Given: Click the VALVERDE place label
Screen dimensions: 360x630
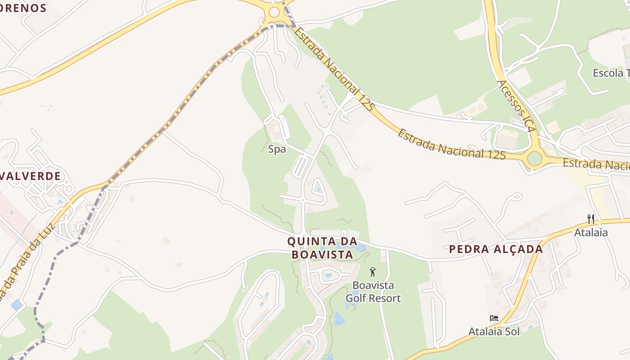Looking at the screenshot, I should [31, 176].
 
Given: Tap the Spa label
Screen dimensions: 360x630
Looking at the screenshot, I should [277, 149].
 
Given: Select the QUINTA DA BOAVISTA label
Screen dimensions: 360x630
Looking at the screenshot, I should [322, 248].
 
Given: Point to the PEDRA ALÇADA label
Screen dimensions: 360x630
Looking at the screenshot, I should [496, 249].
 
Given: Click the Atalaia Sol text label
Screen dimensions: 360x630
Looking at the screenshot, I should [494, 332].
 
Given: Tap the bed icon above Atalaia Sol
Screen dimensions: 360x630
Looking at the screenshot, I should [494, 318].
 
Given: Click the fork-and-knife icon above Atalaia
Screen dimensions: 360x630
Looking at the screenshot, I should [591, 219].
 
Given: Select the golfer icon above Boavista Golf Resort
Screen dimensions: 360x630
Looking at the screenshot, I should [372, 272].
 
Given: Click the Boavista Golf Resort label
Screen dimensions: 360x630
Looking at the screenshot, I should [373, 292].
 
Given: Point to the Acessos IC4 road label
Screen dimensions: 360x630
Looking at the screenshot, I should [516, 106].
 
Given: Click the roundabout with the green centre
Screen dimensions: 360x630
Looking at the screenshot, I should [534, 158].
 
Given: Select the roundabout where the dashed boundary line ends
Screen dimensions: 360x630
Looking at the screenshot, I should [274, 13].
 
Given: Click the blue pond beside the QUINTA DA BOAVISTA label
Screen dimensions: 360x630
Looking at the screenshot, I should [360, 248].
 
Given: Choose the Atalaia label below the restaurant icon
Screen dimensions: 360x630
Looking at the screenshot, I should [591, 233].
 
